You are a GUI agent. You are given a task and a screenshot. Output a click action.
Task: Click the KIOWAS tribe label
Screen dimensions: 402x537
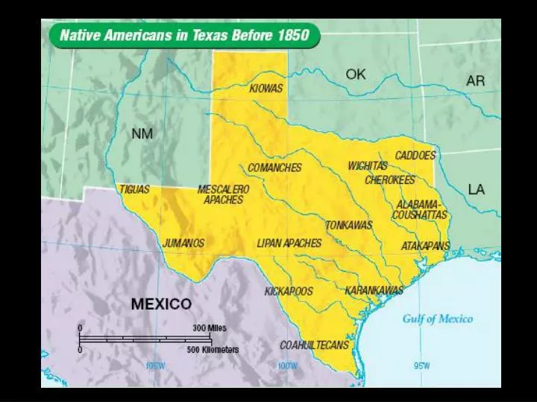pos(266,89)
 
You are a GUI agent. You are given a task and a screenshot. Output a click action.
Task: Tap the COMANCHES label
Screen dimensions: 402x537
pos(274,167)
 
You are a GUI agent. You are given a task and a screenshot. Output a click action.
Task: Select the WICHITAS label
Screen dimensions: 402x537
pos(368,166)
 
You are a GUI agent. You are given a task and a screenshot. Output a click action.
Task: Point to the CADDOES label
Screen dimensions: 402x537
pos(415,156)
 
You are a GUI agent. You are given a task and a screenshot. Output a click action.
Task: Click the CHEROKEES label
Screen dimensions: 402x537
pos(390,180)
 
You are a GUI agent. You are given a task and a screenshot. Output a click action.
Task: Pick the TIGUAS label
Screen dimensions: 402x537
pos(134,189)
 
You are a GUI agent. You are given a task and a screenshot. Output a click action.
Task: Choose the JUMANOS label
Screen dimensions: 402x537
pos(183,243)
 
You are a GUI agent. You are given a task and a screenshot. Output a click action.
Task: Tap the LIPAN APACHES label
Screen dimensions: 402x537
pos(289,243)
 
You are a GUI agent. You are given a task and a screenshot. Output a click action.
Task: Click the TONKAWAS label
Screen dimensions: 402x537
pos(349,225)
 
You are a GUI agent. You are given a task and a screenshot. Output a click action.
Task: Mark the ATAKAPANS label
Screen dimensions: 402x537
pos(426,246)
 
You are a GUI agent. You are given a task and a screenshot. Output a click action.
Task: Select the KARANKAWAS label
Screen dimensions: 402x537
pos(374,290)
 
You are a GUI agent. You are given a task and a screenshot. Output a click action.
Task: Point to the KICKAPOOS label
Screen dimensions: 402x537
pos(289,291)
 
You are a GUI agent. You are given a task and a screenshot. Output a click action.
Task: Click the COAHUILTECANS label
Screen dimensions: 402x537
pos(314,345)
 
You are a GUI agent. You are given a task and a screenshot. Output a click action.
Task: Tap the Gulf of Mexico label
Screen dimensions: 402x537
pos(438,319)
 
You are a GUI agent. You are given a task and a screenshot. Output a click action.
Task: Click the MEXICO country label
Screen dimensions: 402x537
pos(161,304)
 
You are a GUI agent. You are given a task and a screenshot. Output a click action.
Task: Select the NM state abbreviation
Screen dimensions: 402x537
pos(142,134)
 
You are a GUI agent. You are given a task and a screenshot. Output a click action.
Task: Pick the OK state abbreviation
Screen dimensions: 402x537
pos(356,74)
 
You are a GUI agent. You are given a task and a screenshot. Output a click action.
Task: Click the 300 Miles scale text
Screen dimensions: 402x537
pos(210,328)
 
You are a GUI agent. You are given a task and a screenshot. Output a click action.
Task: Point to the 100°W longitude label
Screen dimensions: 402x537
pos(287,366)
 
